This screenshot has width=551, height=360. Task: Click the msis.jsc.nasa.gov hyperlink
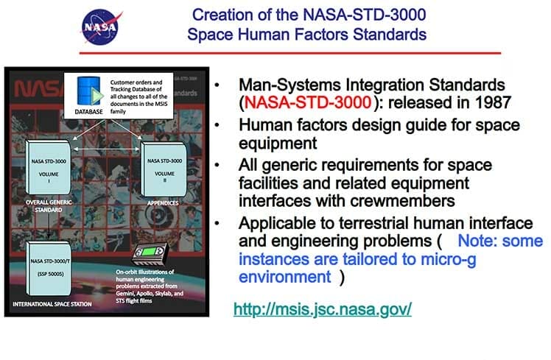[x=322, y=308]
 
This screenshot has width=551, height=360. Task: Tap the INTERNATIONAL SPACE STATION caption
[x=57, y=303]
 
